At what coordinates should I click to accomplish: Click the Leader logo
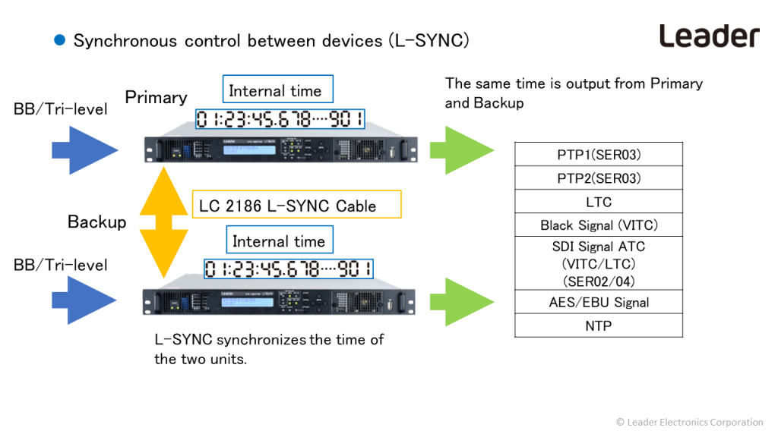[x=708, y=36]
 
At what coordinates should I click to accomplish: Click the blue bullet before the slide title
[x=60, y=39]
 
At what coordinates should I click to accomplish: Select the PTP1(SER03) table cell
[x=599, y=155]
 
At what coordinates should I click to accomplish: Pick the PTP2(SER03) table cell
[x=599, y=178]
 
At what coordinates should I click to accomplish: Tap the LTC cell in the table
[x=599, y=202]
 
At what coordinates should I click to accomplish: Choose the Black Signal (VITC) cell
[x=599, y=225]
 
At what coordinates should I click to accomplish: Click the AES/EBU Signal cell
[x=599, y=302]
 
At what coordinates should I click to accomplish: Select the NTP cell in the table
[x=599, y=325]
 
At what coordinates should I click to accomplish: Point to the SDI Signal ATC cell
[x=599, y=263]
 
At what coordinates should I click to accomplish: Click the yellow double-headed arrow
[x=165, y=222]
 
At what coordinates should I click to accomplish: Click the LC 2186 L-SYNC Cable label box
[x=296, y=205]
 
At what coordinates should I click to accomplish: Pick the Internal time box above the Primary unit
[x=277, y=90]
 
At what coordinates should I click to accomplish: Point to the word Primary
[x=156, y=97]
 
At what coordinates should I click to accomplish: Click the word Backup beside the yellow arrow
[x=96, y=222]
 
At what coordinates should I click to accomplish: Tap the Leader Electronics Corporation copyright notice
[x=689, y=422]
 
